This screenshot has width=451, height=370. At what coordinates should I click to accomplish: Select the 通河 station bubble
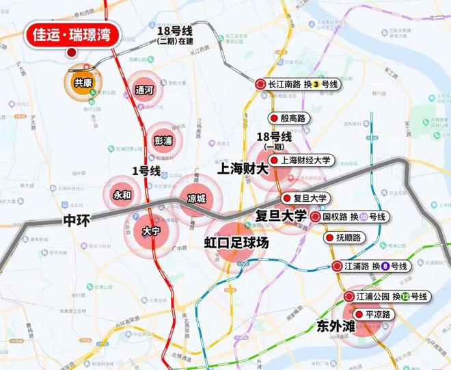pyautogui.click(x=144, y=90)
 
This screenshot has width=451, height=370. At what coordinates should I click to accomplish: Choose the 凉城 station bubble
pyautogui.click(x=196, y=199)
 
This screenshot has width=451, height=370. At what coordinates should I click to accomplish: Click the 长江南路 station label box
pyautogui.click(x=298, y=84)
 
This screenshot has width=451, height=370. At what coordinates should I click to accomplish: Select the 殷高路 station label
pyautogui.click(x=290, y=118)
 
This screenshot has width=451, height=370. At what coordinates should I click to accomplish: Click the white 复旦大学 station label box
pyautogui.click(x=307, y=198)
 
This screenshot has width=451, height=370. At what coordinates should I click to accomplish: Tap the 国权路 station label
pyautogui.click(x=350, y=217)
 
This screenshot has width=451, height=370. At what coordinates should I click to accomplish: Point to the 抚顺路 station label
pyautogui.click(x=345, y=238)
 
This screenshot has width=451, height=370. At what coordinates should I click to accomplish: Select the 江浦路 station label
pyautogui.click(x=370, y=266)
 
